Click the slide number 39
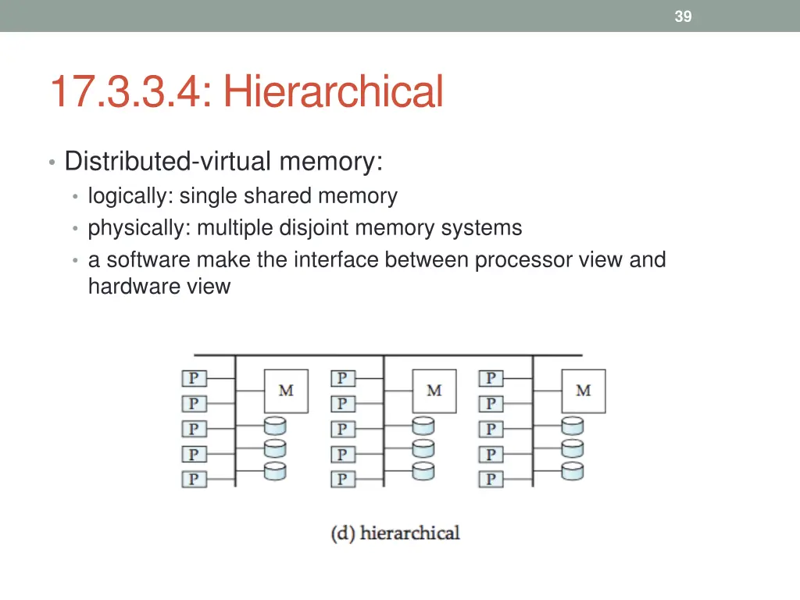pos(683,16)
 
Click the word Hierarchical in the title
pos(334,91)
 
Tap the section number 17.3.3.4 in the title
pos(130,91)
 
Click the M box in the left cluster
pos(286,391)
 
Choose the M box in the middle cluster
pos(434,391)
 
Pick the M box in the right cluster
pos(584,391)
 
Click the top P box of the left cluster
pos(194,379)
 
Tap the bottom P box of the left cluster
pos(194,479)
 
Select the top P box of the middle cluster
pos(342,379)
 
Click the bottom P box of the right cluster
pos(491,479)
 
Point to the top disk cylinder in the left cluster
pos(275,427)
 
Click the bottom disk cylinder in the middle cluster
pos(423,472)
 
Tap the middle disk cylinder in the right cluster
pos(573,449)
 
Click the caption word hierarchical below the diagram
pos(410,534)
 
